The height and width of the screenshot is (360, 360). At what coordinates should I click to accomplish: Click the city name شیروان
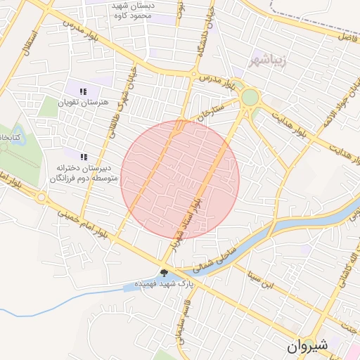(307, 345)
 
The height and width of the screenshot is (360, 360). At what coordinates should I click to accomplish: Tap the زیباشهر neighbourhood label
(269, 60)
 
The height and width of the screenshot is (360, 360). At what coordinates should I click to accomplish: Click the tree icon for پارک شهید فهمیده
(164, 273)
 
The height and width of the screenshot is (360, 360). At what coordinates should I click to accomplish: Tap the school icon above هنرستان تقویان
(83, 91)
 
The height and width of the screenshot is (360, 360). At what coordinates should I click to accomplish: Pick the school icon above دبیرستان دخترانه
(84, 157)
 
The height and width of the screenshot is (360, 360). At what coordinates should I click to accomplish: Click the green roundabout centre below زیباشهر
(250, 97)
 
